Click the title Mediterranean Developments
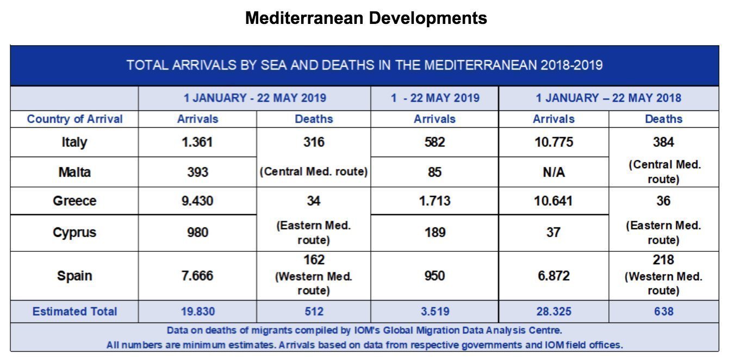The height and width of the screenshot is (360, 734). [x=366, y=18]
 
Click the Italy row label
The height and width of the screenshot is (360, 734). [x=74, y=142]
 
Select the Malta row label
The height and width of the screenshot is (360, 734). [x=74, y=172]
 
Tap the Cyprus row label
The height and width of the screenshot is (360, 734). [x=74, y=233]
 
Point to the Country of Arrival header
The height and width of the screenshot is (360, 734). [x=74, y=119]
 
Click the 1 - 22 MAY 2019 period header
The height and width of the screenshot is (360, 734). [x=434, y=98]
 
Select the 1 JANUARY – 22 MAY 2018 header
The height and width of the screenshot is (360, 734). [x=608, y=98]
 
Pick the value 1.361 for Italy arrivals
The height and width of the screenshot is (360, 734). [x=197, y=142]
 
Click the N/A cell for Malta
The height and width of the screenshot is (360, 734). [x=553, y=172]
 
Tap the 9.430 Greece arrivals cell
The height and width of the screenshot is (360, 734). [x=197, y=201]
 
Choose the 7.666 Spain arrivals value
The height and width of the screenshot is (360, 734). [x=197, y=276]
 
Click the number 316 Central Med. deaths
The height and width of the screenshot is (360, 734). [x=314, y=142]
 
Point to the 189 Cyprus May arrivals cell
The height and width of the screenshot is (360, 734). [x=434, y=233]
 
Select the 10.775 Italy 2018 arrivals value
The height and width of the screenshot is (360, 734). [x=553, y=142]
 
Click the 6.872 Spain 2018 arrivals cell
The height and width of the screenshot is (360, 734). [x=553, y=276]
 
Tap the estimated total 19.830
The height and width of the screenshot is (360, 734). [x=197, y=312]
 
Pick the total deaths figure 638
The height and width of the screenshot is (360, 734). [x=663, y=312]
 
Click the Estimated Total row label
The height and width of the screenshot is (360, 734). [x=74, y=312]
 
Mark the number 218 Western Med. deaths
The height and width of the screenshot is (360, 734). [x=663, y=260]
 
